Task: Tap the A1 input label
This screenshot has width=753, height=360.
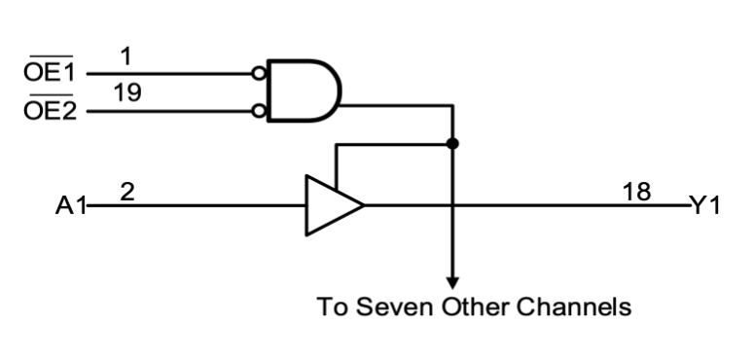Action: (x=71, y=206)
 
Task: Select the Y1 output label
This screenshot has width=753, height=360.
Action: (x=705, y=206)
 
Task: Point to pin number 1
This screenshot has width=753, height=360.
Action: (x=126, y=56)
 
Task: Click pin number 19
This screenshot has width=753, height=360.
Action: (x=126, y=94)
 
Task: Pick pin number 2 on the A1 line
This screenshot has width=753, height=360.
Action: (x=126, y=192)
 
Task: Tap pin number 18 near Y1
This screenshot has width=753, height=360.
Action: (x=638, y=192)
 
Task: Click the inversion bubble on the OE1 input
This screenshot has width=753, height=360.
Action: (x=259, y=73)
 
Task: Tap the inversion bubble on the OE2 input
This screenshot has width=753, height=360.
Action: (x=259, y=111)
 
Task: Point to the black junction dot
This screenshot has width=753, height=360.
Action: (x=451, y=144)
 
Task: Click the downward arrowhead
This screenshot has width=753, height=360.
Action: (x=451, y=282)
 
